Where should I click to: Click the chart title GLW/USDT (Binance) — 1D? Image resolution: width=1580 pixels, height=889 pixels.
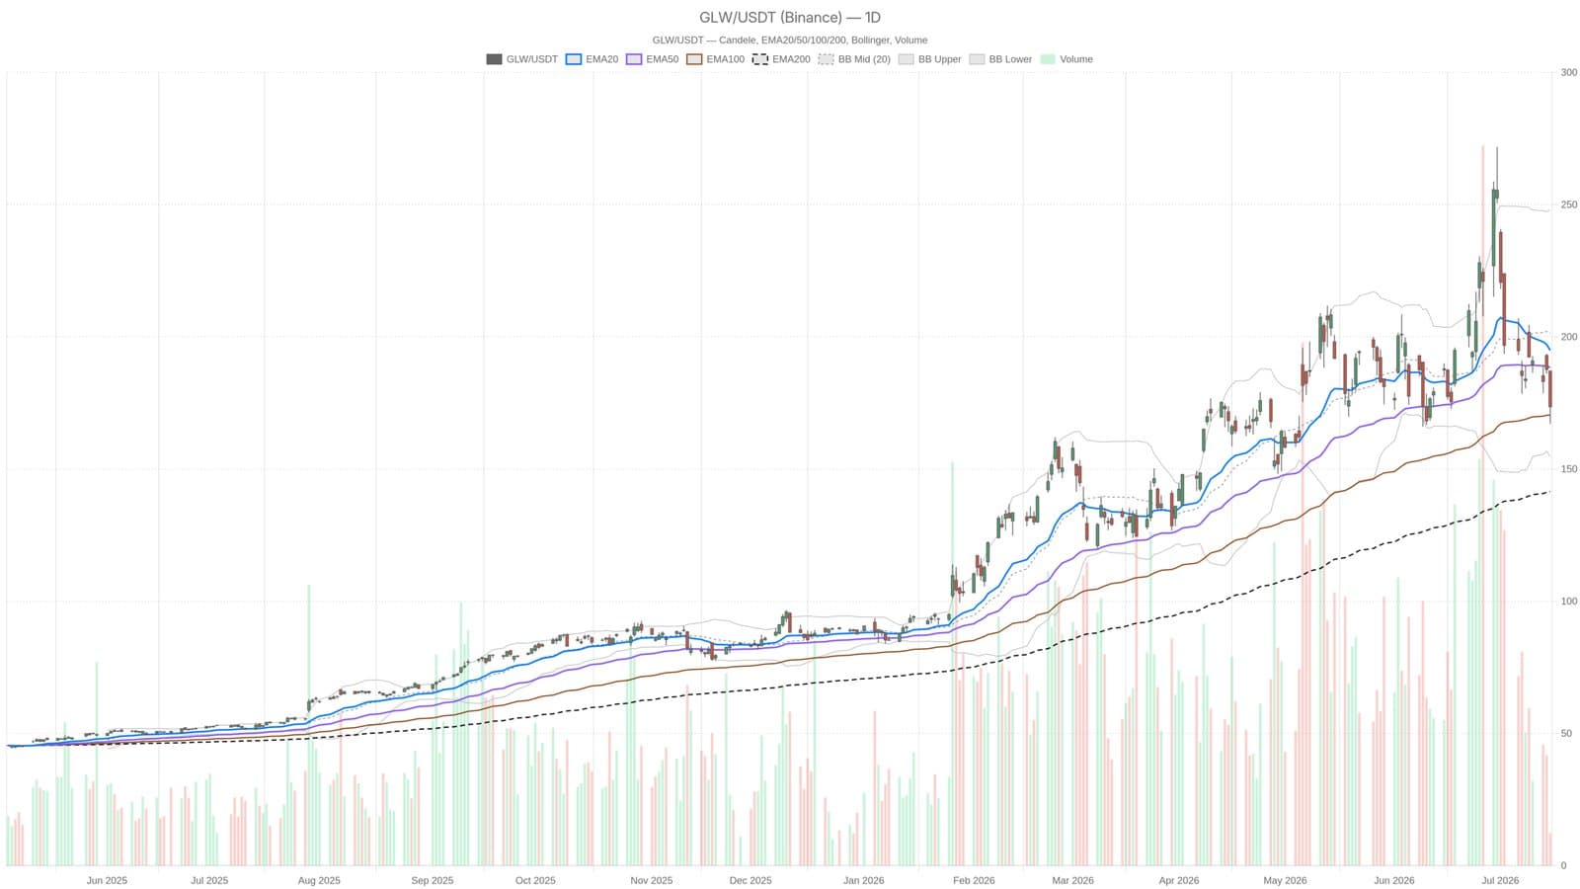coord(789,18)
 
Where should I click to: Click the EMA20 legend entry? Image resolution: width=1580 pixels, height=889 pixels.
coord(592,59)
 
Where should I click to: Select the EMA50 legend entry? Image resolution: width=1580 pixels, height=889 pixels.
coord(653,59)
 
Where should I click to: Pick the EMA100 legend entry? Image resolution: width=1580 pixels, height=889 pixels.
coord(715,59)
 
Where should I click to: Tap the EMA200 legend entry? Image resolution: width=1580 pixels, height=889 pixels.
coord(781,59)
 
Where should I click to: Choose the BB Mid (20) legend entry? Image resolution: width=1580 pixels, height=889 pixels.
coord(854,59)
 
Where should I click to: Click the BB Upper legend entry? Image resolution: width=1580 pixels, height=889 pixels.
coord(929,59)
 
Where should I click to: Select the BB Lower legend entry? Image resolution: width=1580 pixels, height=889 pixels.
coord(1000,59)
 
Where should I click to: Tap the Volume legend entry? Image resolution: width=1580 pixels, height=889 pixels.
coord(1066,59)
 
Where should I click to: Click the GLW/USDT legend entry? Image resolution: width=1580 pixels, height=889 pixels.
coord(522,59)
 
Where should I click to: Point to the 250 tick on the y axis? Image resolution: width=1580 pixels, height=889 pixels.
coord(1569,204)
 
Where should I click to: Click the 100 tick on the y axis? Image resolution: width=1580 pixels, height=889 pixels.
coord(1569,602)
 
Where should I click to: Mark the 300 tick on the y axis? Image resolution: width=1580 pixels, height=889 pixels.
coord(1569,73)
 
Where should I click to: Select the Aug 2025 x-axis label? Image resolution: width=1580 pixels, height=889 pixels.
coord(319,880)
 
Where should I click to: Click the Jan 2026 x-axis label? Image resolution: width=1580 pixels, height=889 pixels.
coord(863,880)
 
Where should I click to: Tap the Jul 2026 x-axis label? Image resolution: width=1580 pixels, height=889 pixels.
coord(1500,880)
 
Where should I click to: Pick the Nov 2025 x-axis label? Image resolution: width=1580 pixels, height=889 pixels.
coord(651,880)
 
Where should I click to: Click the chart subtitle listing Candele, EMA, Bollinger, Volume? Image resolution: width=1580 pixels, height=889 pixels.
coord(789,40)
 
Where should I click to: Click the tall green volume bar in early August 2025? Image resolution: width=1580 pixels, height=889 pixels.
coord(309,725)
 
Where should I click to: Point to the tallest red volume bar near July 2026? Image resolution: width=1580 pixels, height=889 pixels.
coord(1482,506)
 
